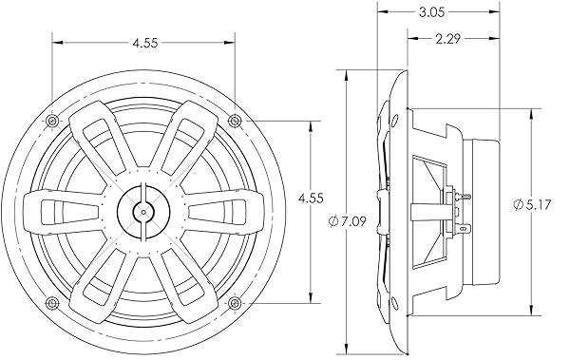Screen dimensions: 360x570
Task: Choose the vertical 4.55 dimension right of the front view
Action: click(x=311, y=199)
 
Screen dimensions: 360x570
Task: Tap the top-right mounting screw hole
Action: click(x=235, y=119)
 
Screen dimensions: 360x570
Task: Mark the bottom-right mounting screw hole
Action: click(x=235, y=303)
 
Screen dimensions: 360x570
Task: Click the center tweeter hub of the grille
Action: click(x=142, y=211)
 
